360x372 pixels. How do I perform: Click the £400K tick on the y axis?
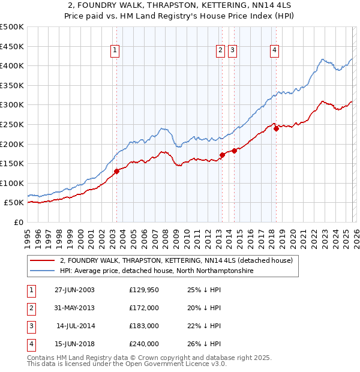(x=12, y=65)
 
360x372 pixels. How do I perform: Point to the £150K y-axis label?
(x=12, y=163)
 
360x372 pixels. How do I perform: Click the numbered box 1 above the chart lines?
(x=115, y=50)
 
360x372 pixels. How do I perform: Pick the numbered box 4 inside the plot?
(x=274, y=50)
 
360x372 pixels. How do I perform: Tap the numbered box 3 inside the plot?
(x=232, y=50)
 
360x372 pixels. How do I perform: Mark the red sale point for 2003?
(x=117, y=171)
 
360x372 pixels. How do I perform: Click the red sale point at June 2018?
(x=276, y=128)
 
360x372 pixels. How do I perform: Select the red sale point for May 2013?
(x=222, y=155)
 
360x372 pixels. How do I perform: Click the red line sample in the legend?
(x=42, y=261)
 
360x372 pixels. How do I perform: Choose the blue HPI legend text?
(x=157, y=271)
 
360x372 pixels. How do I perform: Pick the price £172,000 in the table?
(x=144, y=308)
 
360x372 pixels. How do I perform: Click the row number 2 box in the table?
(x=31, y=308)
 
